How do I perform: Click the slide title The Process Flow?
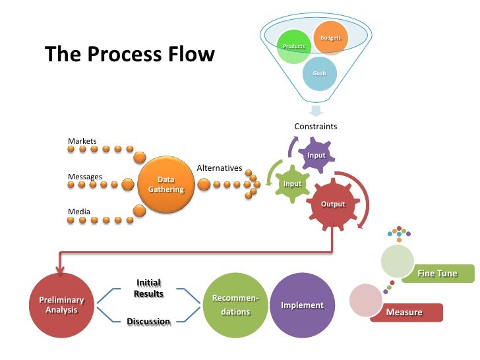(x=129, y=54)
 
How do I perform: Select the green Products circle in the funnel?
(x=294, y=47)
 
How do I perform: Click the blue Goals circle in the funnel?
(x=319, y=73)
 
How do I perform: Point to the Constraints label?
(x=315, y=126)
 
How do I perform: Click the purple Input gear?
(x=316, y=155)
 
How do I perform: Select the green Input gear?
(x=292, y=184)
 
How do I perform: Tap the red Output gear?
(x=333, y=204)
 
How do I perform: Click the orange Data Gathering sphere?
(x=166, y=184)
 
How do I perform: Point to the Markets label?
(x=82, y=141)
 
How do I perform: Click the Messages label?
(x=85, y=177)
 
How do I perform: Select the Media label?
(x=79, y=212)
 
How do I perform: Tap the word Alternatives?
(x=220, y=168)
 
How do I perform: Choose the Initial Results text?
(x=148, y=288)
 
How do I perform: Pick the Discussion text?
(x=148, y=322)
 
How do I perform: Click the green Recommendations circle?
(x=235, y=305)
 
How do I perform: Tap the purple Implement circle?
(x=302, y=305)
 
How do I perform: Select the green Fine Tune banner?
(x=436, y=273)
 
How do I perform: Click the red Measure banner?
(x=405, y=312)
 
